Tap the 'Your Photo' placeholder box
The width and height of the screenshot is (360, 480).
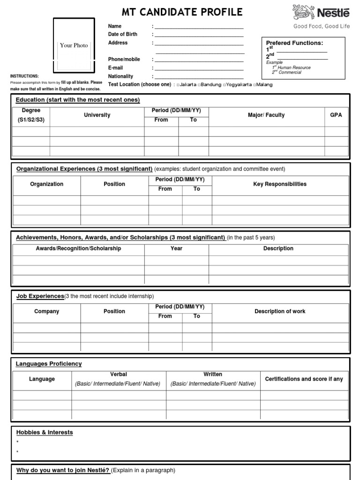[x=74, y=45]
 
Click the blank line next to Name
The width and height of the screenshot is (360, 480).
[x=199, y=27]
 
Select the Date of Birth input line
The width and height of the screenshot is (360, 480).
[x=199, y=35]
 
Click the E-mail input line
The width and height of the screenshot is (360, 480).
[x=199, y=68]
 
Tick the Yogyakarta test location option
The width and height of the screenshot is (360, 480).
[x=225, y=85]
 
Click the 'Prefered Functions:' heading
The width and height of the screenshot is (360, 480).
[x=294, y=43]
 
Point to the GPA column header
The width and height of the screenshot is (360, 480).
[x=336, y=115]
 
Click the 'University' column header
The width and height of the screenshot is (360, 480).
[x=97, y=115]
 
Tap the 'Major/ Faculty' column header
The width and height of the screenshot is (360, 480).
[x=266, y=115]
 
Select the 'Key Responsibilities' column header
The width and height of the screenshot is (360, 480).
[x=280, y=184]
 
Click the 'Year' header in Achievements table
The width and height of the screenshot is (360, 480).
[x=176, y=248]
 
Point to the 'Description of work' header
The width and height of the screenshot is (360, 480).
[x=280, y=311]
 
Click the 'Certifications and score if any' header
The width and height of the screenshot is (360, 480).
[x=304, y=379]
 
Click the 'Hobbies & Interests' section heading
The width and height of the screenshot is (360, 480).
[x=45, y=432]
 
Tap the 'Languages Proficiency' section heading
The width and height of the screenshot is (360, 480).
[x=49, y=364]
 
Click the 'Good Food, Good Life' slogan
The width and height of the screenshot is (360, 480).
[x=322, y=27]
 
